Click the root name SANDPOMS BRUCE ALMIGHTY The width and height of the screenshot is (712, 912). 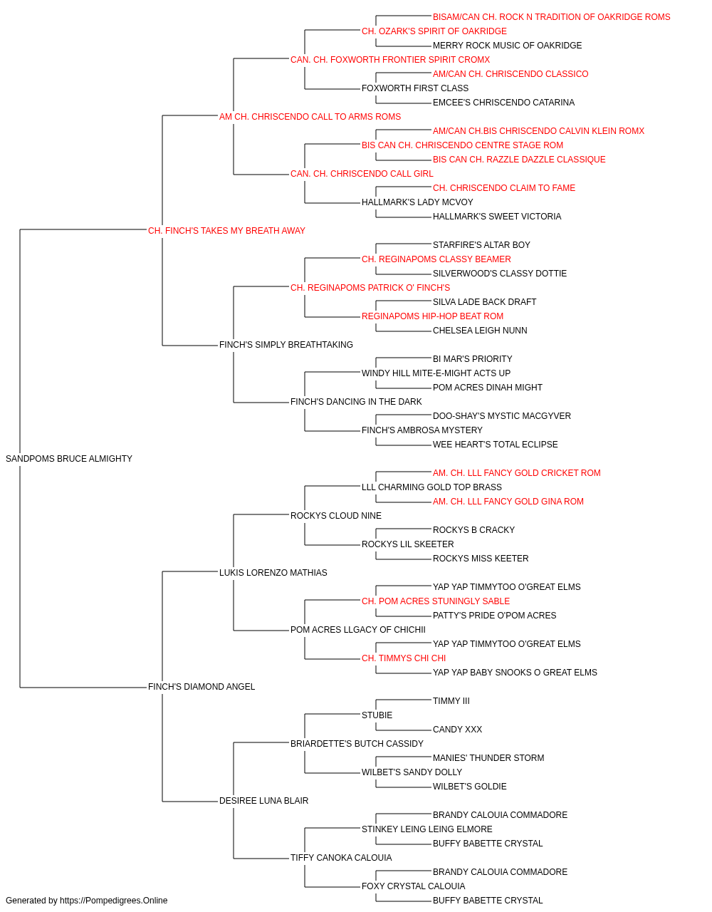tap(69, 459)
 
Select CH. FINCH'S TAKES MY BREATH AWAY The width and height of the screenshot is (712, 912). tap(226, 231)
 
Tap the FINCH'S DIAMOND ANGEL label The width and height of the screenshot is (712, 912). tap(201, 687)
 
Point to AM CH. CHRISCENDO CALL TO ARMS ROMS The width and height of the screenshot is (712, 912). tap(310, 117)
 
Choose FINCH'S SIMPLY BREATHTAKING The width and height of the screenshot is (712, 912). tap(286, 345)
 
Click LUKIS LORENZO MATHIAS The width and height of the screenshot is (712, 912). tap(273, 572)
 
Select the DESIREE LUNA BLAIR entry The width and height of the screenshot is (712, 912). tap(263, 800)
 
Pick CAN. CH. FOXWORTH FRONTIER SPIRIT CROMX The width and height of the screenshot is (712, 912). tap(390, 60)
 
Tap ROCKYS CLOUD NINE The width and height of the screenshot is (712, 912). tap(336, 515)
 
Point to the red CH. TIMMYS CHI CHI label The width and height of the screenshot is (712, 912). tap(404, 658)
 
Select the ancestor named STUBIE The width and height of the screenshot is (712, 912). tap(377, 715)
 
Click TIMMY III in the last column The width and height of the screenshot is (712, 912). tap(451, 701)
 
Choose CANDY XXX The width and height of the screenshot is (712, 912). tap(457, 730)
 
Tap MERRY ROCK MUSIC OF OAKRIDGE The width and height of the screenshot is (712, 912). tap(507, 46)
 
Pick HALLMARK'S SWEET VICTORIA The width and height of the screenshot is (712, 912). tap(497, 217)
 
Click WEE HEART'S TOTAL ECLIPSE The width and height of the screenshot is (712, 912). tap(496, 445)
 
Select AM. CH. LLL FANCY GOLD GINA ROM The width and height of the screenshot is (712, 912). tap(508, 502)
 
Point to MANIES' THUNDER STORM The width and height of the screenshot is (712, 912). tap(488, 758)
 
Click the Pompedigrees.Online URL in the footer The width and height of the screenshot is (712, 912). tap(113, 901)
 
